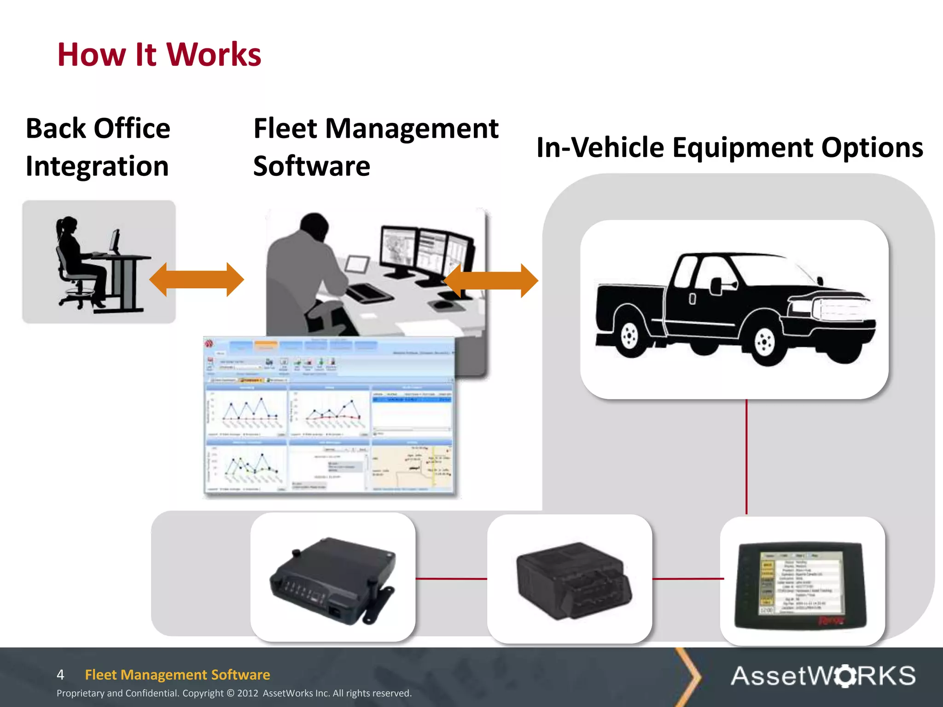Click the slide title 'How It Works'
159,55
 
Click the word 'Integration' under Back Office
97,166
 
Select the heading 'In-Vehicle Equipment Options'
729,148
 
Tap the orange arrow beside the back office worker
197,279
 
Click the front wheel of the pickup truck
764,342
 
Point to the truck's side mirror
716,285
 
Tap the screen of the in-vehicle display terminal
800,583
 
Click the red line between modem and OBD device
451,579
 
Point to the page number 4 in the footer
60,675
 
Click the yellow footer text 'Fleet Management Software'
177,675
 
